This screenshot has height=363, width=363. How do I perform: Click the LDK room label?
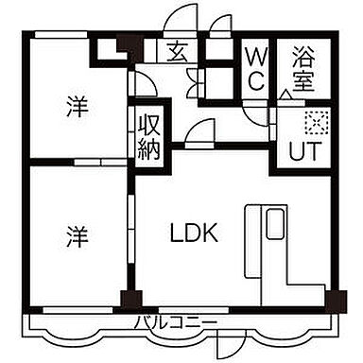[x=195, y=233]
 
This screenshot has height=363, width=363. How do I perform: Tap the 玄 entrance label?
[x=178, y=53]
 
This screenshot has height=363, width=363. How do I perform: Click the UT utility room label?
[x=302, y=150]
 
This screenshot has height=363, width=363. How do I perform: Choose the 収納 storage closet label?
[x=149, y=136]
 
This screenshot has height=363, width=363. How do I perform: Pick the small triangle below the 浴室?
[x=285, y=96]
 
